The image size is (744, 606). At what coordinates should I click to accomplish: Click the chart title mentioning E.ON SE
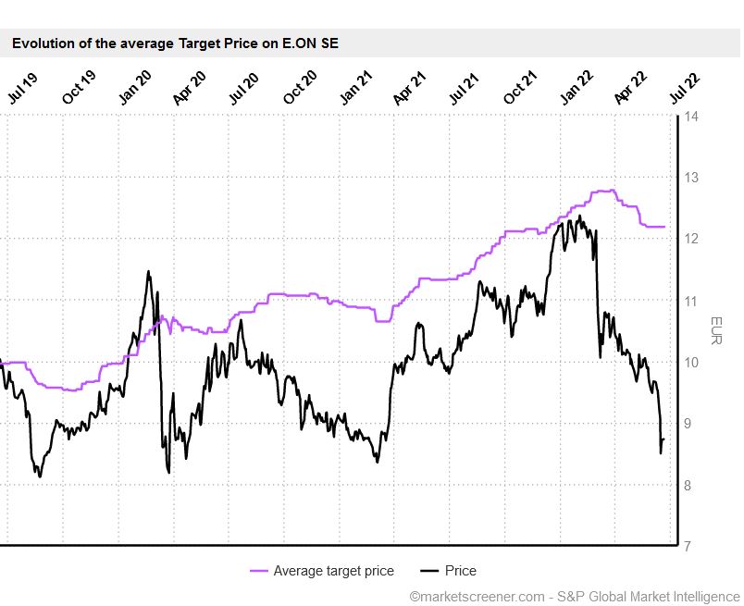click(175, 43)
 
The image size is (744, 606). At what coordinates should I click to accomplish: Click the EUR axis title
click(715, 331)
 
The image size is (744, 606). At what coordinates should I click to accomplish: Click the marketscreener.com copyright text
click(574, 597)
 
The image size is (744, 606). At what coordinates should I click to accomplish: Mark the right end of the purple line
click(664, 227)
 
